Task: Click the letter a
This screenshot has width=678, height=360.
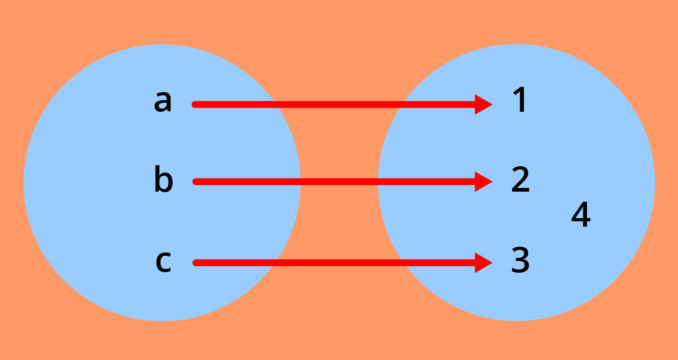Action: pyautogui.click(x=163, y=102)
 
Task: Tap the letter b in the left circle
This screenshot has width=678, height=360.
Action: pyautogui.click(x=163, y=180)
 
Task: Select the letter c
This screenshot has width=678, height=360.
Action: pyautogui.click(x=163, y=262)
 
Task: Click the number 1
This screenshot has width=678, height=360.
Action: pyautogui.click(x=520, y=101)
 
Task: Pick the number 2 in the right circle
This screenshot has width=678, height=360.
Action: pyautogui.click(x=520, y=179)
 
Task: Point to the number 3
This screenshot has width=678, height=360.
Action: pyautogui.click(x=520, y=260)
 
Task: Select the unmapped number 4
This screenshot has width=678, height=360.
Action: pyautogui.click(x=581, y=215)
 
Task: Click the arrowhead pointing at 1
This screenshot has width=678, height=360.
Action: pyautogui.click(x=483, y=104)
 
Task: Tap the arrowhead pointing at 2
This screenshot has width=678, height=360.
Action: pyautogui.click(x=483, y=182)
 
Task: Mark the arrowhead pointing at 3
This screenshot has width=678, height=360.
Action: pyautogui.click(x=483, y=263)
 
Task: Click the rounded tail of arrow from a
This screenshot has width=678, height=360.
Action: pyautogui.click(x=195, y=104)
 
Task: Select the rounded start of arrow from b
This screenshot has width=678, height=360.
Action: pyautogui.click(x=195, y=182)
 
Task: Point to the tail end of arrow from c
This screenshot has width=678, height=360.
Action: pyautogui.click(x=195, y=263)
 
